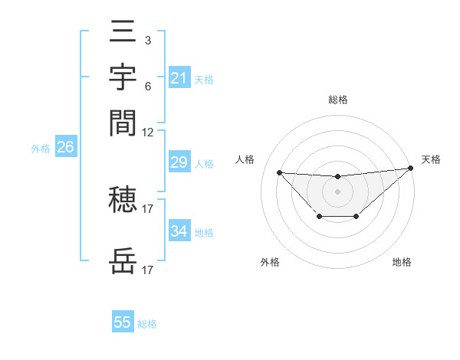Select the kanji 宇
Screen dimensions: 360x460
pos(123,77)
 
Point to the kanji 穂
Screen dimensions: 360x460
pos(123,200)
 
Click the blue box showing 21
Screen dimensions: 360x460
pos(179,77)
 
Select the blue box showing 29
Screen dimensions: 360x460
pos(179,162)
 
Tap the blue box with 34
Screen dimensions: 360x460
pos(179,231)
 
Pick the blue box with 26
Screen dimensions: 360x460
pos(65,148)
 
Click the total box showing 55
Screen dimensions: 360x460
pos(123,322)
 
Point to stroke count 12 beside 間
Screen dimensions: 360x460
pos(148,132)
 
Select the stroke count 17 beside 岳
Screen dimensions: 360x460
pos(148,270)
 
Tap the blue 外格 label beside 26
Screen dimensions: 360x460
pos(40,149)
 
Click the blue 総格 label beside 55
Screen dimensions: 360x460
pos(147,324)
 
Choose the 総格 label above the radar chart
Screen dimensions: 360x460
pos(337,100)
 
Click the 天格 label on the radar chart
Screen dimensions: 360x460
pos(431,159)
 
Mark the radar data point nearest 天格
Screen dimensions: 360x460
pos(411,169)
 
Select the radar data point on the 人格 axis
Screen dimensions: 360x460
pos(280,172)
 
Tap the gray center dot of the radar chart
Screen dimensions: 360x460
pos(337,191)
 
